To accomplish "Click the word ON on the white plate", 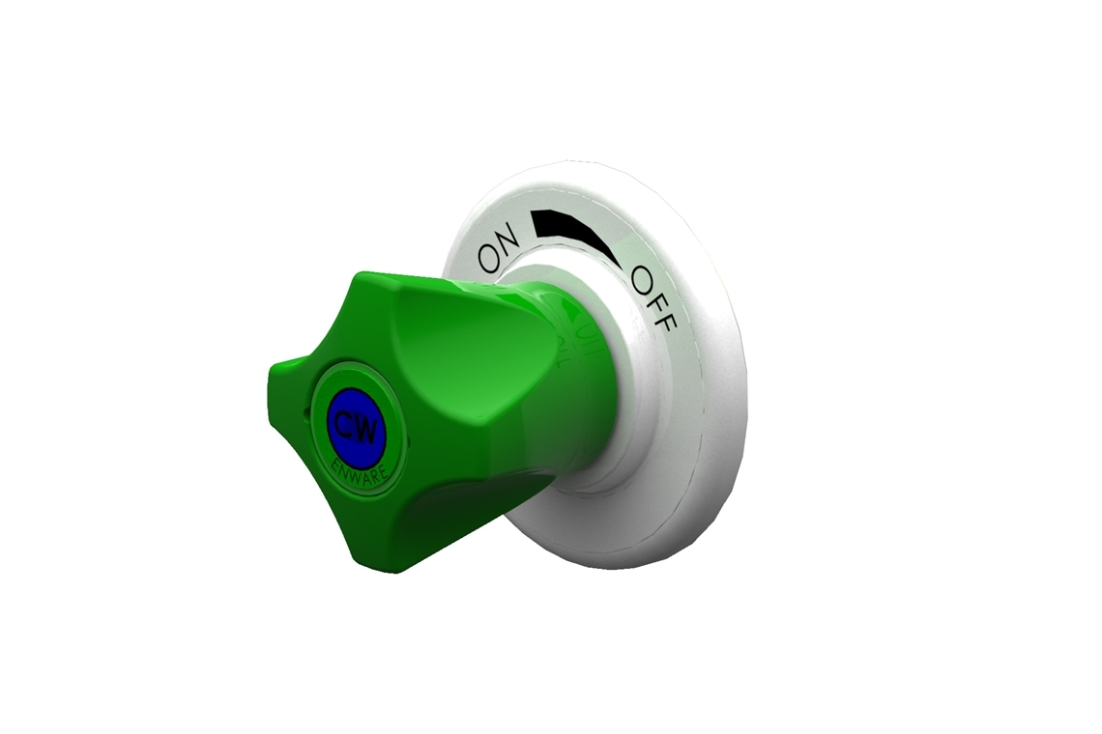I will point(501,247).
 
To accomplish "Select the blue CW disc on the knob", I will point(357,426).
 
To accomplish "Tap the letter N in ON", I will point(510,237).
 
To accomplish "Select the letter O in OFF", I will point(642,279).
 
